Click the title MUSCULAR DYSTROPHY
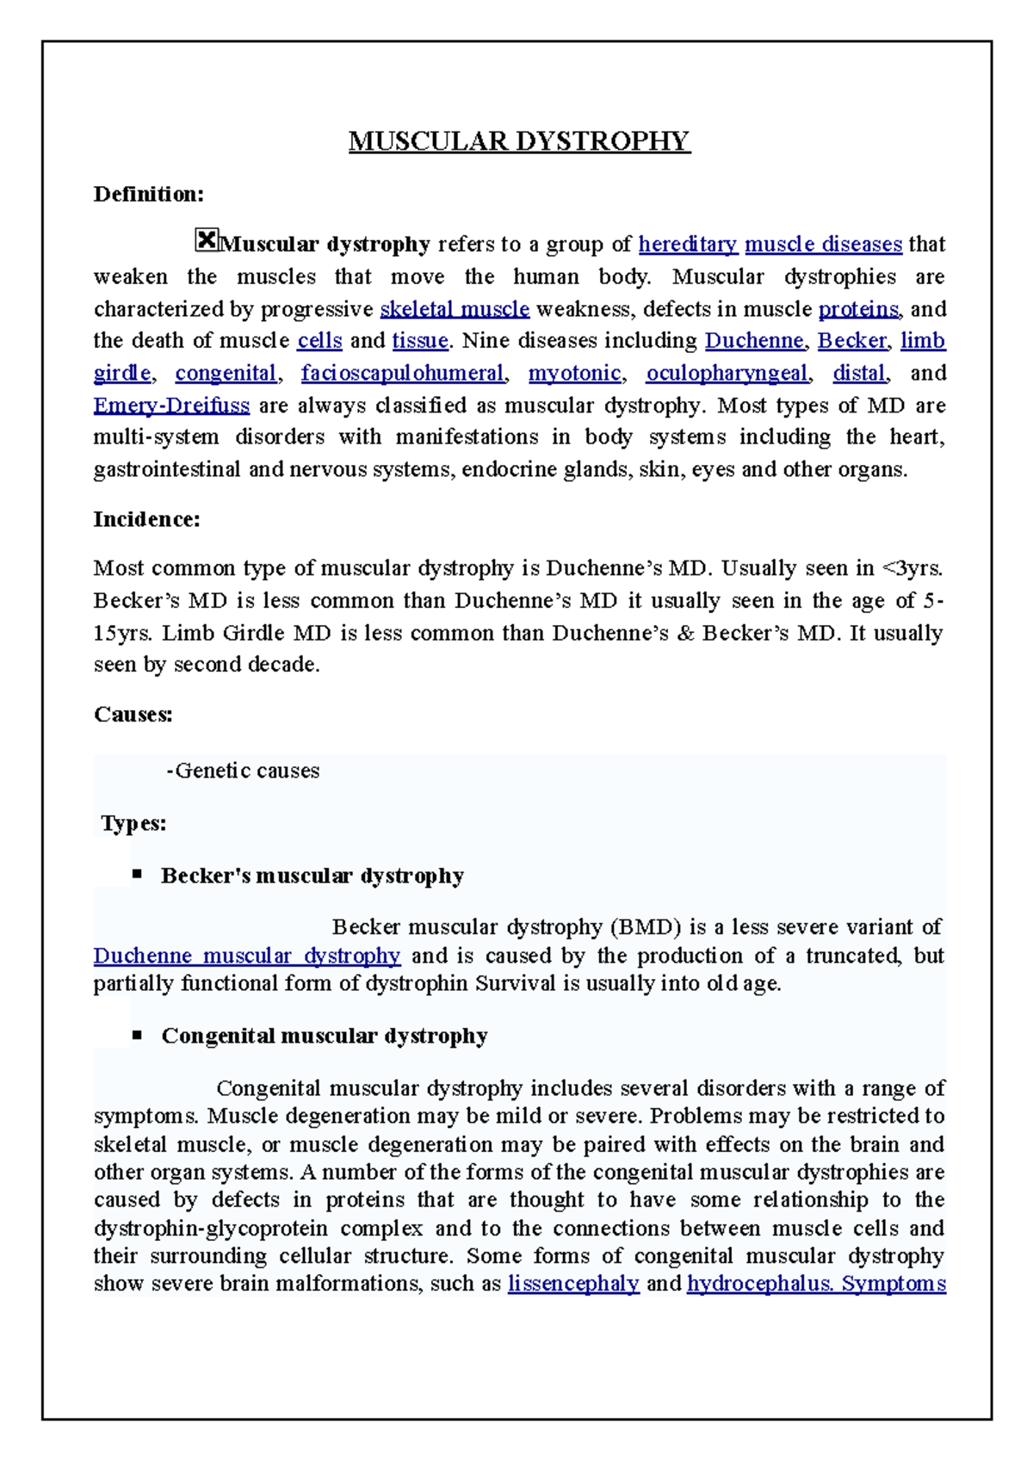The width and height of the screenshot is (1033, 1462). (519, 141)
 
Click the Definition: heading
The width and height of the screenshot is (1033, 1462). (148, 195)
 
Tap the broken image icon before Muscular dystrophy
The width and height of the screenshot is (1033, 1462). (207, 240)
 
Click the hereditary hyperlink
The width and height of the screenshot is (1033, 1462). (688, 245)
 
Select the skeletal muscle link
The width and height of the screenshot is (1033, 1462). (455, 309)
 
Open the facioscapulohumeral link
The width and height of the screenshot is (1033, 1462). (402, 374)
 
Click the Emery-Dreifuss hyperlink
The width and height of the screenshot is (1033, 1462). (171, 406)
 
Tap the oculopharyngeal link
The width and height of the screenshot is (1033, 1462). (727, 374)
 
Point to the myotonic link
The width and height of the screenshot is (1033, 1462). (574, 374)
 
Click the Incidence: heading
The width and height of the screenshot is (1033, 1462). (146, 520)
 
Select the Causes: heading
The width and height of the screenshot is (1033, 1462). (133, 715)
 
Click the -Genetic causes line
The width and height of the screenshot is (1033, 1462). (243, 771)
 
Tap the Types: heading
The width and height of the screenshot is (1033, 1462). (133, 824)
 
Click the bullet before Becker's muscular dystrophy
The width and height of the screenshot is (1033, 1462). (137, 874)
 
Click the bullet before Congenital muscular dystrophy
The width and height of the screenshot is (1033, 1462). (137, 1034)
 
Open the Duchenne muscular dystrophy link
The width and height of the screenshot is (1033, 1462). (246, 957)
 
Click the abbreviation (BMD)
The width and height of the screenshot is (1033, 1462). (646, 927)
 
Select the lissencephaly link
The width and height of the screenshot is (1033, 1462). (573, 1284)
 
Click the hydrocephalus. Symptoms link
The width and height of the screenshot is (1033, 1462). (816, 1284)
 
